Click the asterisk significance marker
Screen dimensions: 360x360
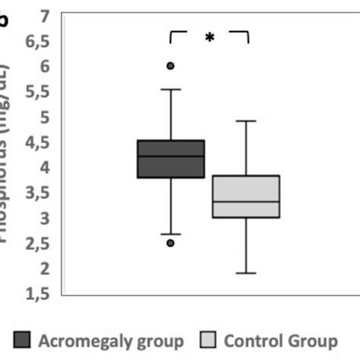(209, 38)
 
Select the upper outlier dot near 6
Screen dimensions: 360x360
(170, 66)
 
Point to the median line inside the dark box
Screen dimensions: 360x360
(170, 156)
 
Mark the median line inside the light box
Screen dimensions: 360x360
(246, 201)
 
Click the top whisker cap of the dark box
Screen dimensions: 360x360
(170, 90)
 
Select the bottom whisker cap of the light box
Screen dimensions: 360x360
(246, 273)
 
